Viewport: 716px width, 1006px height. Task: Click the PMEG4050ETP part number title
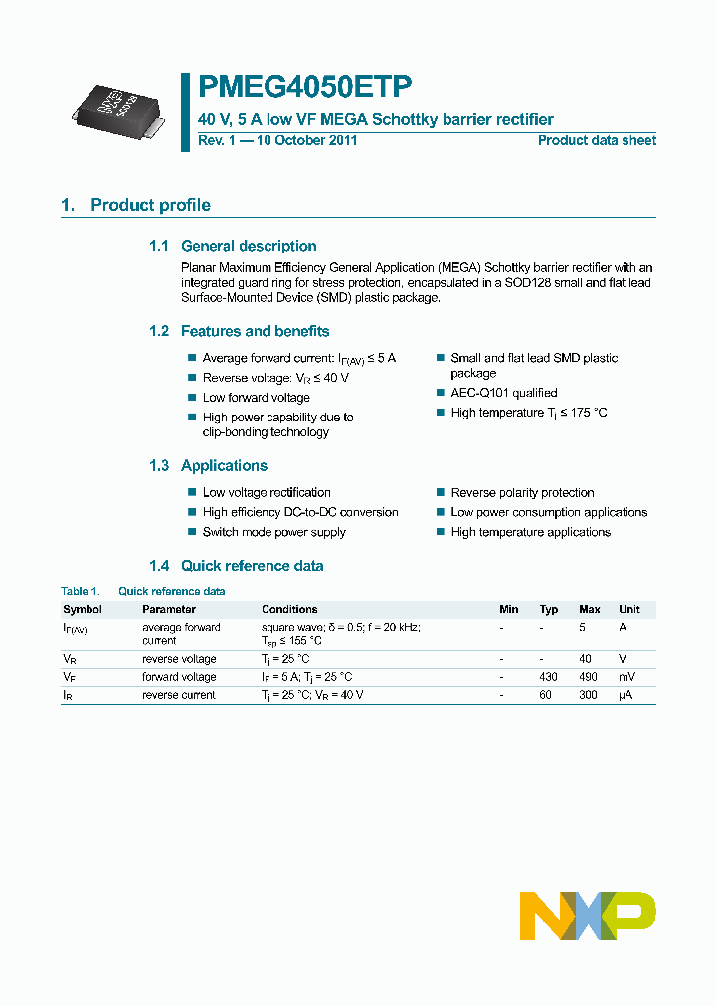[x=304, y=87]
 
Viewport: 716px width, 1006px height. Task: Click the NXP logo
[x=588, y=915]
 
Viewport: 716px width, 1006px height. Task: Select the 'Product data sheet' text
[x=597, y=140]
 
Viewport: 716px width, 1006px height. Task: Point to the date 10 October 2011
[x=307, y=140]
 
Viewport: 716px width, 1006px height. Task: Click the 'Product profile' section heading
[x=150, y=205]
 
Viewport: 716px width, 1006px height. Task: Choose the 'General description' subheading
[x=249, y=246]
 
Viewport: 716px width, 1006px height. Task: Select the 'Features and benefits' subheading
[x=255, y=331]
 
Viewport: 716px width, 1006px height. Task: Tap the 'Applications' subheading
[x=224, y=465]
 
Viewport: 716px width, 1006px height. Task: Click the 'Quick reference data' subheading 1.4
[x=252, y=566]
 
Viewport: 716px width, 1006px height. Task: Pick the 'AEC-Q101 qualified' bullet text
[x=504, y=393]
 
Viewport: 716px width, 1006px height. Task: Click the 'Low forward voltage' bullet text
[x=257, y=398]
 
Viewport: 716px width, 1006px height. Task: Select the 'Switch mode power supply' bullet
[x=274, y=532]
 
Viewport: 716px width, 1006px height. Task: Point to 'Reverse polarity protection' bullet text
[x=522, y=492]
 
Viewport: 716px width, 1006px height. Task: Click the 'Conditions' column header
[x=289, y=609]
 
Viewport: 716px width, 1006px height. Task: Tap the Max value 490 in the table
[x=589, y=677]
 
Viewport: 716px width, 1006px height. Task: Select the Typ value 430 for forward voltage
[x=548, y=677]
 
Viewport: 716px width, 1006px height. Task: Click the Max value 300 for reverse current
[x=589, y=695]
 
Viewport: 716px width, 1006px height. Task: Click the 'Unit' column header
[x=629, y=609]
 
